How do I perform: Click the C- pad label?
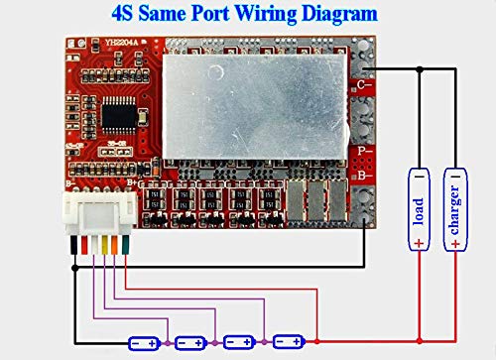pos(366,86)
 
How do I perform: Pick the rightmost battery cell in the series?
pos(288,341)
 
